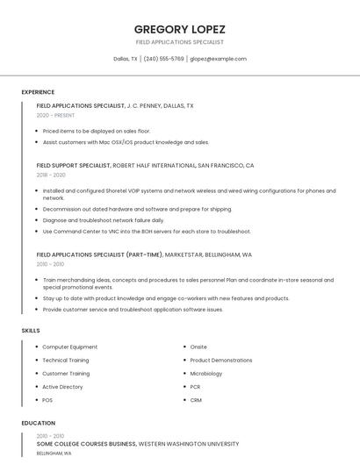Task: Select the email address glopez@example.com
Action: coord(218,59)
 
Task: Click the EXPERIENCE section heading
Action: coord(38,92)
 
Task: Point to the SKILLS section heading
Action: coord(31,330)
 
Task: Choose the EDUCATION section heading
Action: coord(38,423)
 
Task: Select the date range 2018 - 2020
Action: coord(51,175)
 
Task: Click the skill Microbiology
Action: coord(206,373)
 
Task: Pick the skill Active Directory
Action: coord(62,386)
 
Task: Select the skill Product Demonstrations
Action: coord(220,360)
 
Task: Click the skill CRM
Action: coord(196,400)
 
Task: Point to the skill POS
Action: coord(47,400)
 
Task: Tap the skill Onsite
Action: coord(198,347)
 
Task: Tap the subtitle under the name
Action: coord(179,42)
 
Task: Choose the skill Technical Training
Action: coord(66,360)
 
